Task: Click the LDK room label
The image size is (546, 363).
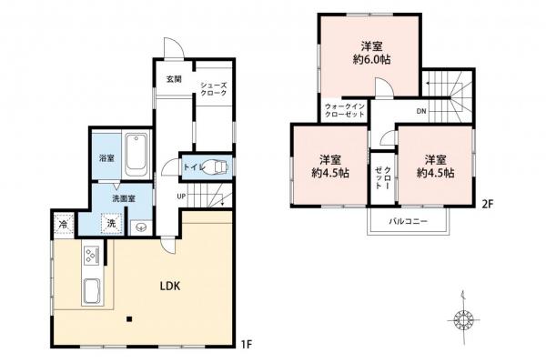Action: pos(170,286)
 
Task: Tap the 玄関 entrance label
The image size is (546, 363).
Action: pos(173,79)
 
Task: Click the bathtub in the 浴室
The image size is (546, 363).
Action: pos(136,156)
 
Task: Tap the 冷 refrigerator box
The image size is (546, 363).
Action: pos(64,224)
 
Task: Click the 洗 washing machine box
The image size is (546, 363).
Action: pos(109,224)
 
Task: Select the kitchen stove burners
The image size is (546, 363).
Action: pos(92,256)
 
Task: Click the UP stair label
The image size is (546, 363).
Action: pos(181,195)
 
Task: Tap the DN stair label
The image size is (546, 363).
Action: pos(420,111)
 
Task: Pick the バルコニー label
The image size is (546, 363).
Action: pos(409,221)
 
